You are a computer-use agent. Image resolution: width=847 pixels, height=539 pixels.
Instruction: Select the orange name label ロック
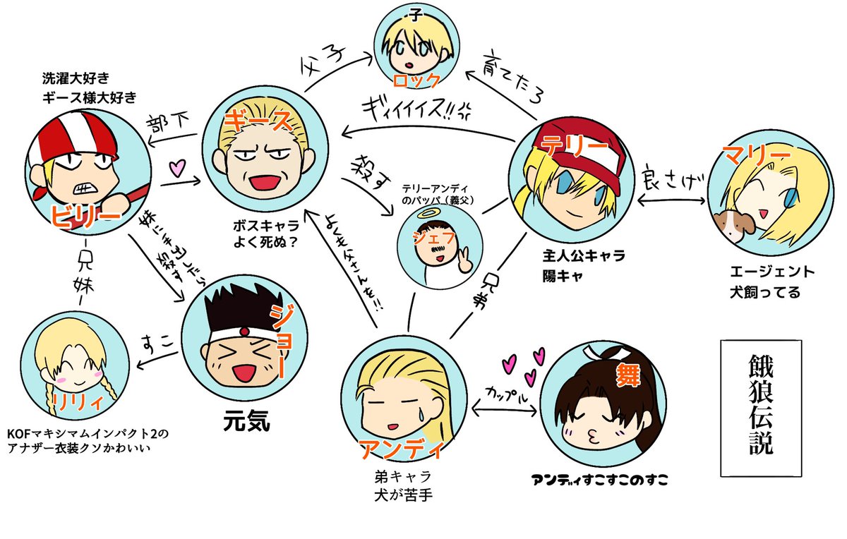click(x=416, y=79)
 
